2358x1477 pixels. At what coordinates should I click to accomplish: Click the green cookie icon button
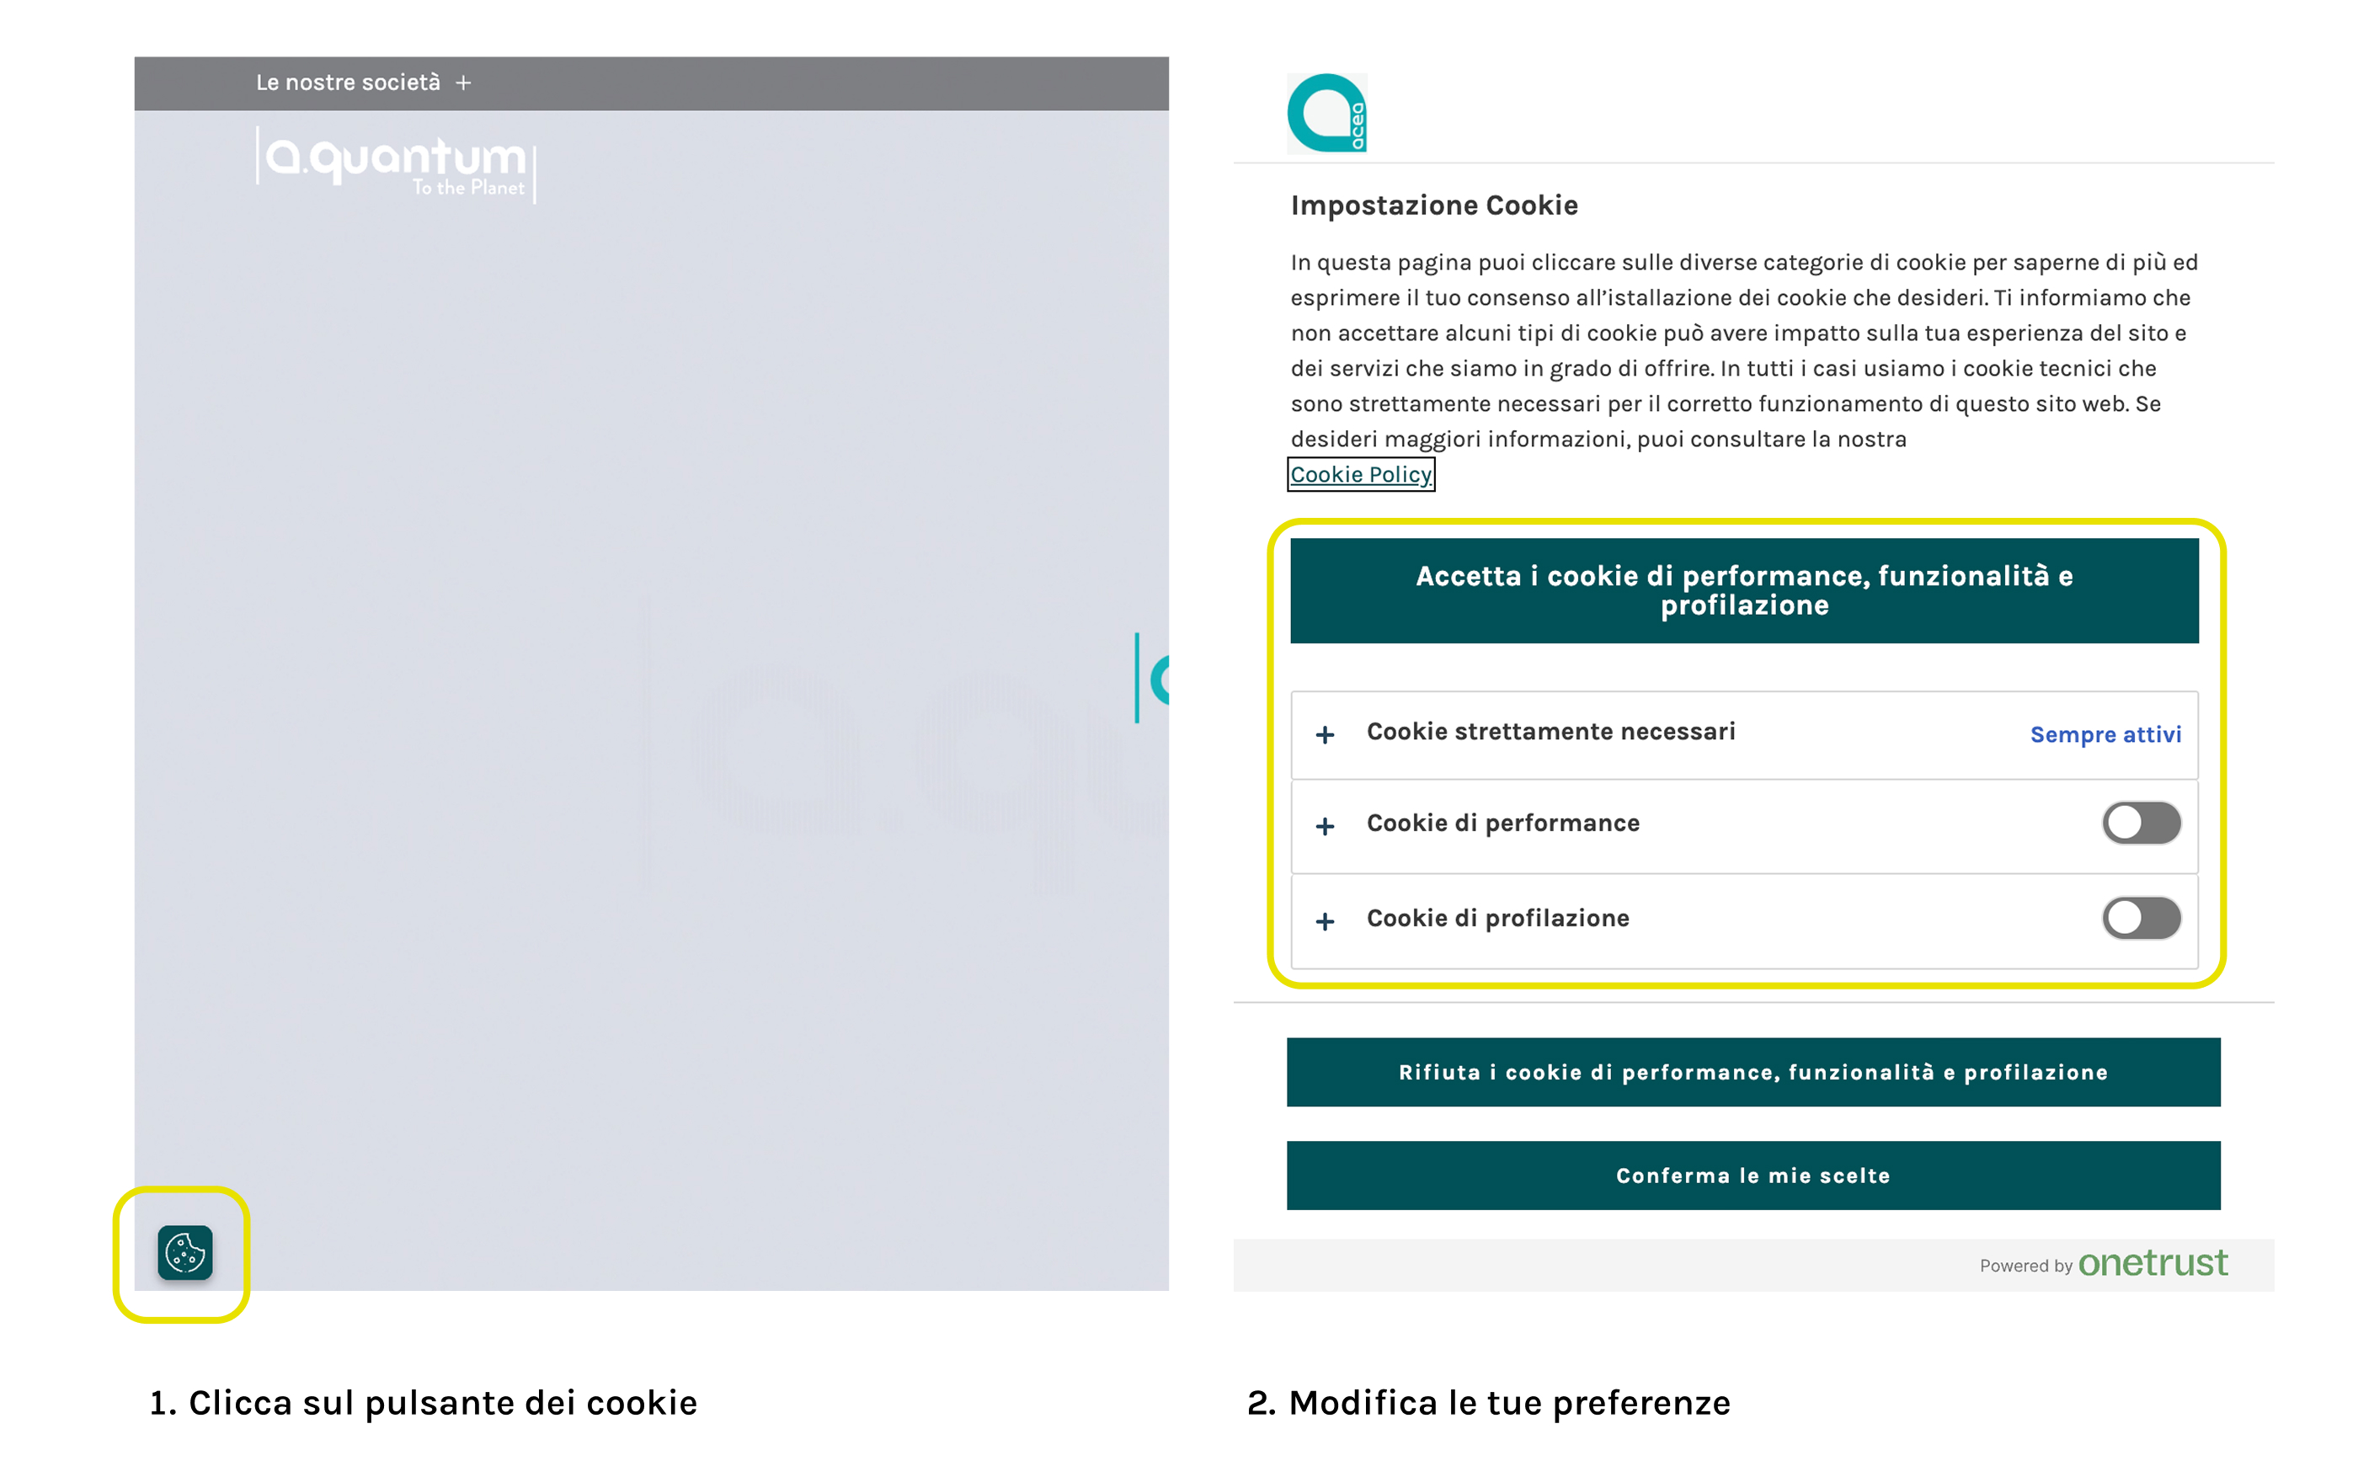coord(184,1251)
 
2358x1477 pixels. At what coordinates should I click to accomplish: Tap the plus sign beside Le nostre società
coord(464,83)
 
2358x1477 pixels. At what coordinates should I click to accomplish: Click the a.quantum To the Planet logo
coord(396,164)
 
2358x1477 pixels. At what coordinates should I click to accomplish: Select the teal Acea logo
coord(1326,114)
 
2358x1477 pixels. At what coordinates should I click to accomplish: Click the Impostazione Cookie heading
coord(1433,205)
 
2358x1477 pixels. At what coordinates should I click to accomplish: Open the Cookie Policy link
coord(1360,475)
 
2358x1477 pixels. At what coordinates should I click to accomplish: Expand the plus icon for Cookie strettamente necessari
coord(1325,734)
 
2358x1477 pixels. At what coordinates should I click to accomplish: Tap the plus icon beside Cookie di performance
coord(1325,826)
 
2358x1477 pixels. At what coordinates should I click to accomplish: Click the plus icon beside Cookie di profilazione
coord(1325,921)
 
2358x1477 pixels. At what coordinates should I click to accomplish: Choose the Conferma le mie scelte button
coord(1752,1176)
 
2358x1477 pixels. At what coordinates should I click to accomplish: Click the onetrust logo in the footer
coord(2152,1263)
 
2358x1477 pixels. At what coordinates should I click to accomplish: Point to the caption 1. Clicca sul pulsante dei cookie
coord(423,1403)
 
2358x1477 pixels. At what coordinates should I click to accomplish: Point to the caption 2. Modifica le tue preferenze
coord(1488,1403)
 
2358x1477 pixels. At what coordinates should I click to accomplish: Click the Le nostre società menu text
coord(348,83)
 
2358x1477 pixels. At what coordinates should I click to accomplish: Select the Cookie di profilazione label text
coord(1496,918)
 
